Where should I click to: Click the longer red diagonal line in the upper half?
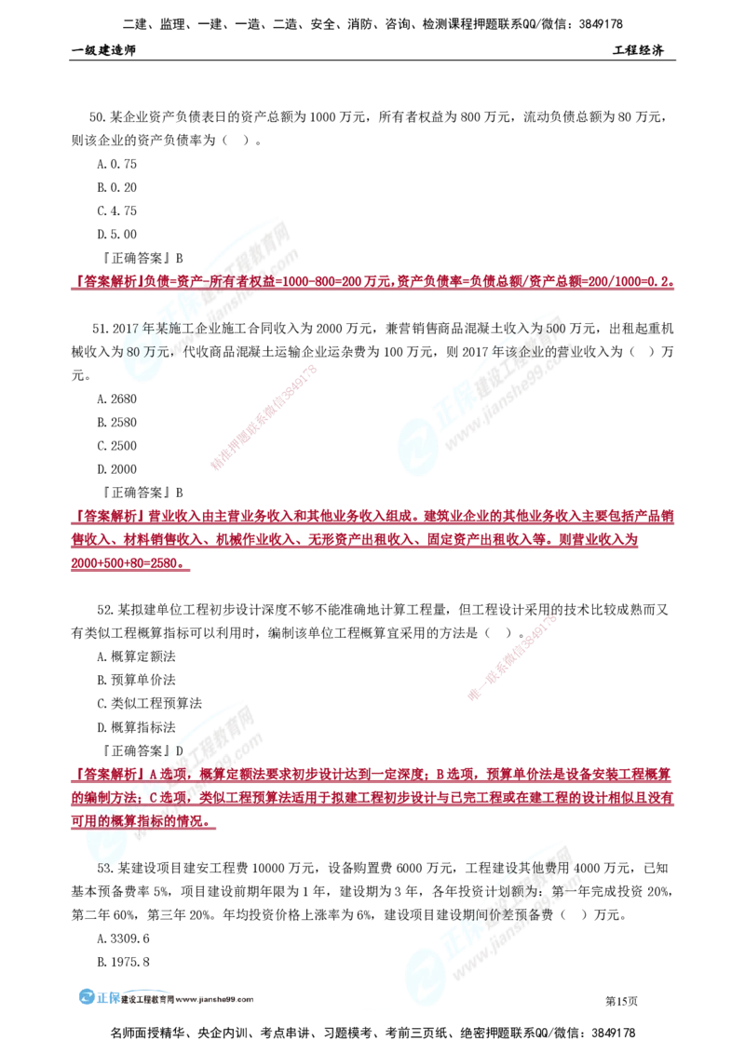[x=264, y=417]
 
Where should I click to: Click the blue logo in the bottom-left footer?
[x=98, y=996]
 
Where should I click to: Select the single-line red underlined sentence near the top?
[x=372, y=282]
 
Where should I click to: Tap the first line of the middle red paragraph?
[x=372, y=516]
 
